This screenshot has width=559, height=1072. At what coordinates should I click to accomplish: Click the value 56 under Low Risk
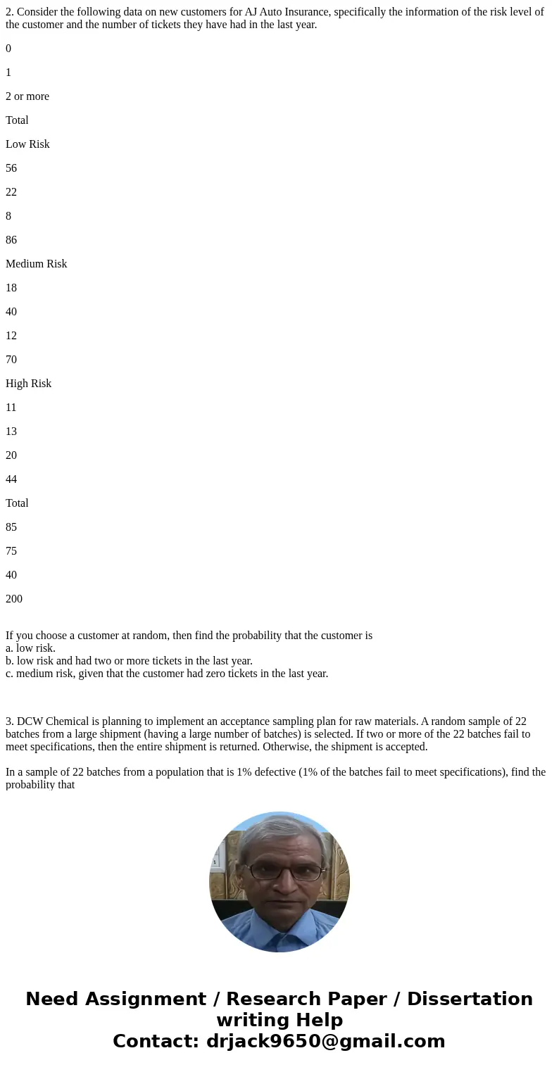[11, 168]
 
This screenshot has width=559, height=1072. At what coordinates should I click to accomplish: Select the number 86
[11, 240]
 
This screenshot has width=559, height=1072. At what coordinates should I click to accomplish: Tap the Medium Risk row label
[36, 264]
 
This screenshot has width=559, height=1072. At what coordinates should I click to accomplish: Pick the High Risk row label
[28, 384]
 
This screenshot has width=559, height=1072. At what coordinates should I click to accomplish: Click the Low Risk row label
[27, 144]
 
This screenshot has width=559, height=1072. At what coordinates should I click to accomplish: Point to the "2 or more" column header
[27, 96]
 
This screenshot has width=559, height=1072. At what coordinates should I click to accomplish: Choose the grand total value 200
[14, 599]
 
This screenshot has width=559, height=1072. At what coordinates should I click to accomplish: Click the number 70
[11, 360]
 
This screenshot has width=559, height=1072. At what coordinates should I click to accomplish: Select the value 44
[11, 479]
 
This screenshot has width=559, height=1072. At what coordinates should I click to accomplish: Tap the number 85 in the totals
[11, 527]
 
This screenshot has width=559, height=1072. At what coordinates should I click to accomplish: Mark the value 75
[11, 551]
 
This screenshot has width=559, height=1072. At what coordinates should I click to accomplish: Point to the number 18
[11, 288]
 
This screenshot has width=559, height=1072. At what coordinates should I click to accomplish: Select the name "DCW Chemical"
[47, 721]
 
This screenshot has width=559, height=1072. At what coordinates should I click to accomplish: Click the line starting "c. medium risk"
[167, 674]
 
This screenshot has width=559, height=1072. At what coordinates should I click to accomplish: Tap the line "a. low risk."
[30, 648]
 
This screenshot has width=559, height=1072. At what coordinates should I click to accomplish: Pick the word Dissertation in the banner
[470, 1000]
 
